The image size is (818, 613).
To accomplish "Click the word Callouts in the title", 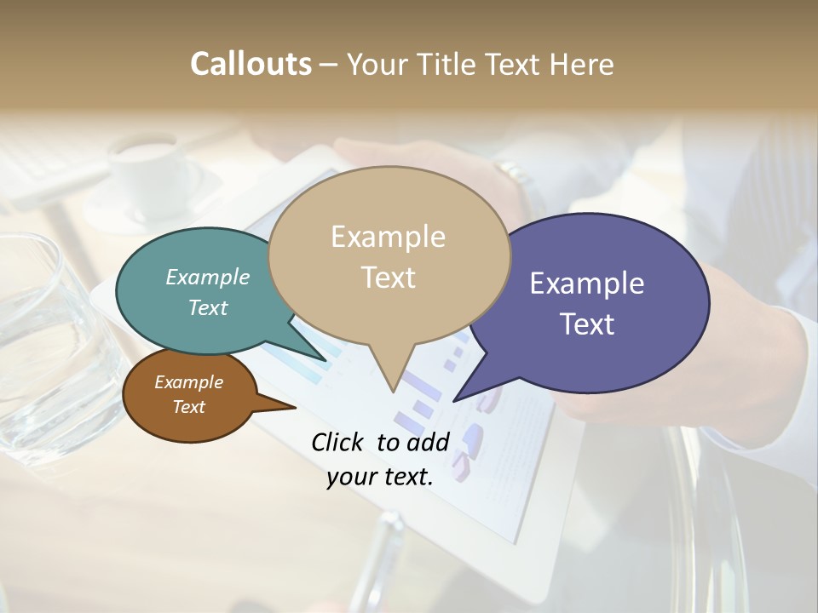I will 251,64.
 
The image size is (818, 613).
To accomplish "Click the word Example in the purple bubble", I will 587,284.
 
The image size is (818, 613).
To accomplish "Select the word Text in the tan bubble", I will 389,278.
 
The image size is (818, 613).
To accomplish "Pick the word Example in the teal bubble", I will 208,278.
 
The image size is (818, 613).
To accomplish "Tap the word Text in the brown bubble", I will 189,407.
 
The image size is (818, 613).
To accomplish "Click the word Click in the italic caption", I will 338,442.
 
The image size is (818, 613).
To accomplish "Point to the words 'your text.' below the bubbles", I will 380,477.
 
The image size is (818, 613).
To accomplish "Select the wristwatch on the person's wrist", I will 515,175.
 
